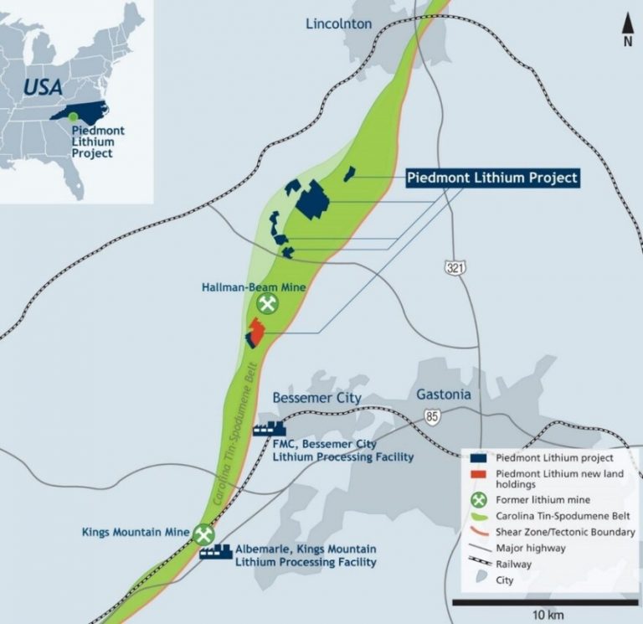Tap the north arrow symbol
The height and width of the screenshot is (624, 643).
(627, 28)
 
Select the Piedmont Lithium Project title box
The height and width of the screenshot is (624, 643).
(492, 178)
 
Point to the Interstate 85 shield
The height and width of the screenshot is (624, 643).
(432, 415)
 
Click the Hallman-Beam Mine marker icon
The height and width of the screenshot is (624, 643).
(267, 303)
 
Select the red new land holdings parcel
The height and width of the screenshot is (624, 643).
(256, 333)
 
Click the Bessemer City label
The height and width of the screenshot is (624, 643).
(317, 397)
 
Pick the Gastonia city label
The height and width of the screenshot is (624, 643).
(444, 395)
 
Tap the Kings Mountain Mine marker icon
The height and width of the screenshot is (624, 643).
(203, 534)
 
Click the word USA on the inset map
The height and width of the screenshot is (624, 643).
(43, 86)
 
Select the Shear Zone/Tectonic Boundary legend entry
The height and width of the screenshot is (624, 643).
(553, 532)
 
